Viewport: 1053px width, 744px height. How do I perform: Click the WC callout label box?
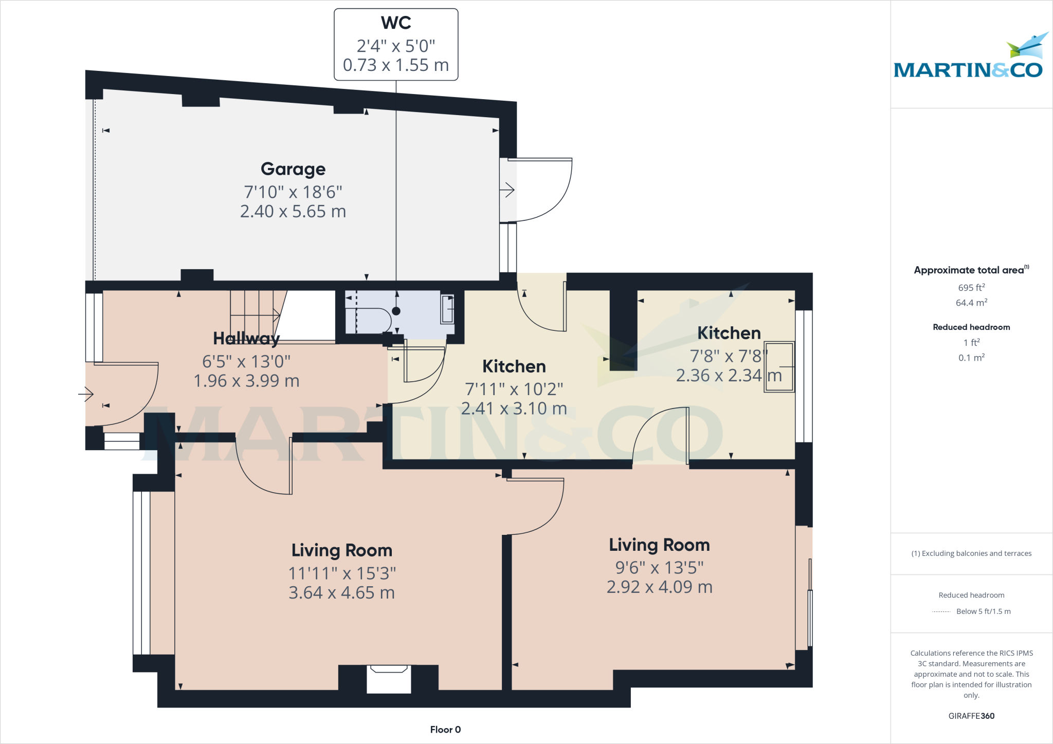pyautogui.click(x=396, y=45)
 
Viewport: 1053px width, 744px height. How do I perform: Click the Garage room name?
pyautogui.click(x=293, y=169)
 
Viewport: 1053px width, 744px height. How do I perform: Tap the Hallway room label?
pyautogui.click(x=246, y=339)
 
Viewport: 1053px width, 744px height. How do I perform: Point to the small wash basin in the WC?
pyautogui.click(x=447, y=309)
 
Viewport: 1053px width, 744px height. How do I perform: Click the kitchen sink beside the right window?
pyautogui.click(x=779, y=367)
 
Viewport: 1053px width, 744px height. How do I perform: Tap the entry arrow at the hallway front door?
pyautogui.click(x=86, y=395)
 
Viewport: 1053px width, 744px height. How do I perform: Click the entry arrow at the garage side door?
pyautogui.click(x=507, y=190)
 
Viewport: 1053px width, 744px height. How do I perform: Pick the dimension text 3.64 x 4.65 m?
pyautogui.click(x=341, y=593)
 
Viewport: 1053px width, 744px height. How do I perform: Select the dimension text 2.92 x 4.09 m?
pyautogui.click(x=659, y=587)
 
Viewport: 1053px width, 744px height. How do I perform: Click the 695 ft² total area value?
pyautogui.click(x=971, y=288)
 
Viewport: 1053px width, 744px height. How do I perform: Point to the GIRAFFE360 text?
pyautogui.click(x=971, y=716)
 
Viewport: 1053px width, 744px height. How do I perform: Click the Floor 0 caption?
pyautogui.click(x=445, y=730)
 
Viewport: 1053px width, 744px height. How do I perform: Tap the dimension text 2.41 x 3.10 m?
pyautogui.click(x=514, y=409)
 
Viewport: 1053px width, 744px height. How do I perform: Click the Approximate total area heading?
pyautogui.click(x=970, y=270)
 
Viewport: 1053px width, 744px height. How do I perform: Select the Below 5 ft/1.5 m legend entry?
pyautogui.click(x=983, y=611)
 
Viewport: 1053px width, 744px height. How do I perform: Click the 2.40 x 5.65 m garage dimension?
pyautogui.click(x=293, y=212)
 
